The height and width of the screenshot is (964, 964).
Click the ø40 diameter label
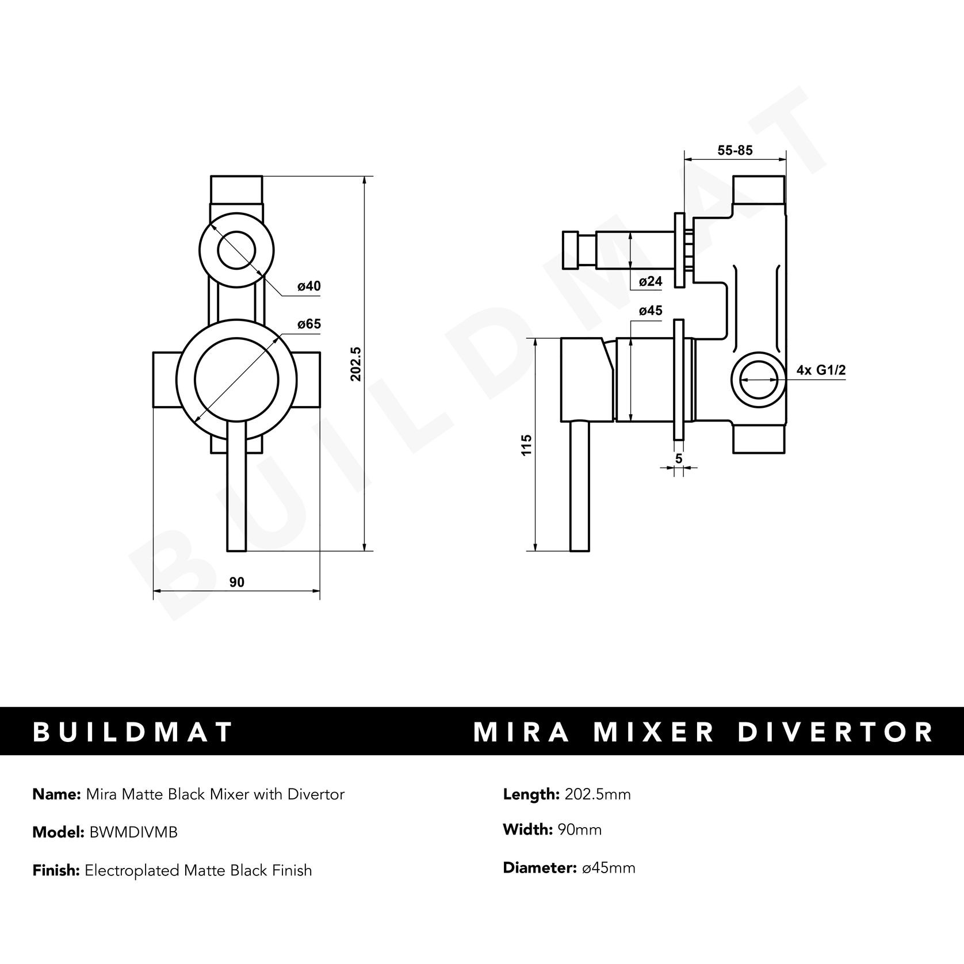coord(309,286)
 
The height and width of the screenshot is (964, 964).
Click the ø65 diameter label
coord(309,324)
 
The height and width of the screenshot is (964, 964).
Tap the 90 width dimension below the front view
coord(237,582)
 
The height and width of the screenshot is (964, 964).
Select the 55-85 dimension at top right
coord(735,151)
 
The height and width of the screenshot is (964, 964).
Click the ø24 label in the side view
coord(651,281)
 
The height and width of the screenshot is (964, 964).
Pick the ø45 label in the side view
coord(651,311)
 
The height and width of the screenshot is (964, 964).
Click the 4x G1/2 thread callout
coord(821,370)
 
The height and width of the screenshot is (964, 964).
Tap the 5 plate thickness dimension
coord(679,458)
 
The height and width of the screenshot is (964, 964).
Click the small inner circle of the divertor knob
coord(236,251)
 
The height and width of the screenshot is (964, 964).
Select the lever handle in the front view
coord(236,489)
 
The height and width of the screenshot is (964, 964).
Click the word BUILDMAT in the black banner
coord(133,732)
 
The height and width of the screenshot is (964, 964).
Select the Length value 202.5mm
coord(598,794)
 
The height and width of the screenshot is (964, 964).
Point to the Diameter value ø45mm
coord(609,868)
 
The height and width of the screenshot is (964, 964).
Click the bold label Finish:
coord(56,870)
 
